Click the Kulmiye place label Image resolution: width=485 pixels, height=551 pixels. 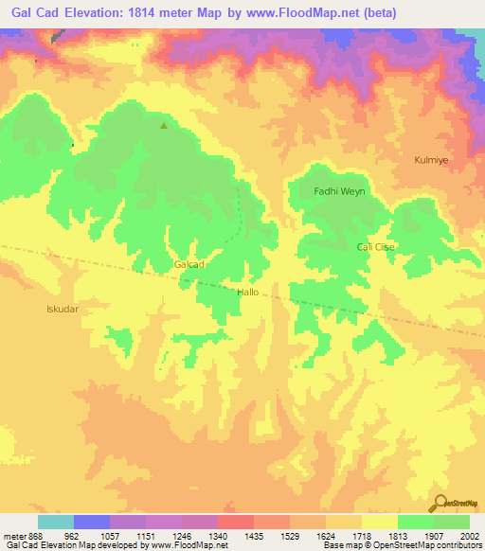pyautogui.click(x=431, y=160)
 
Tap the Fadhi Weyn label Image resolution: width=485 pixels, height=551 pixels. pyautogui.click(x=339, y=191)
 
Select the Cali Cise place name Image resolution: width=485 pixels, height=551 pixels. pyautogui.click(x=376, y=247)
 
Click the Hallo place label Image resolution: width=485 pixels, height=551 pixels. pyautogui.click(x=247, y=293)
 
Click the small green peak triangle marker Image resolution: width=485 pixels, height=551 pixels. pyautogui.click(x=164, y=125)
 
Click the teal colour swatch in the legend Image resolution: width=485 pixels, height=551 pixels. pyautogui.click(x=56, y=522)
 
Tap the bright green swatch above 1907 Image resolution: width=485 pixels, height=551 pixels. pyautogui.click(x=416, y=522)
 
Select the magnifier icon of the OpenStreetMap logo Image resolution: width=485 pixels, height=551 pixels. pyautogui.click(x=440, y=503)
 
